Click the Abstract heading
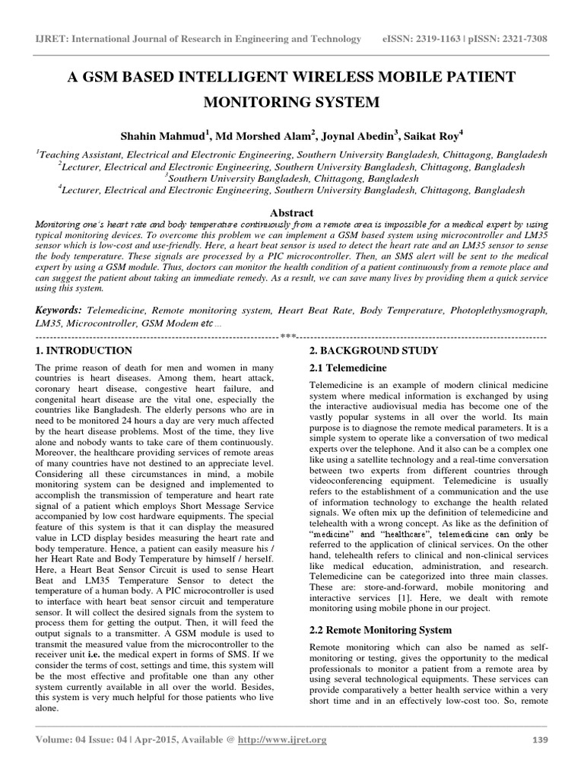coord(292,213)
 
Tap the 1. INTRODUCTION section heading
coord(84,351)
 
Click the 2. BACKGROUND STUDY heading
coord(373,351)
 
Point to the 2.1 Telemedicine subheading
coord(345,368)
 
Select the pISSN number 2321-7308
coord(516,39)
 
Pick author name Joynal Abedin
coord(355,136)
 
